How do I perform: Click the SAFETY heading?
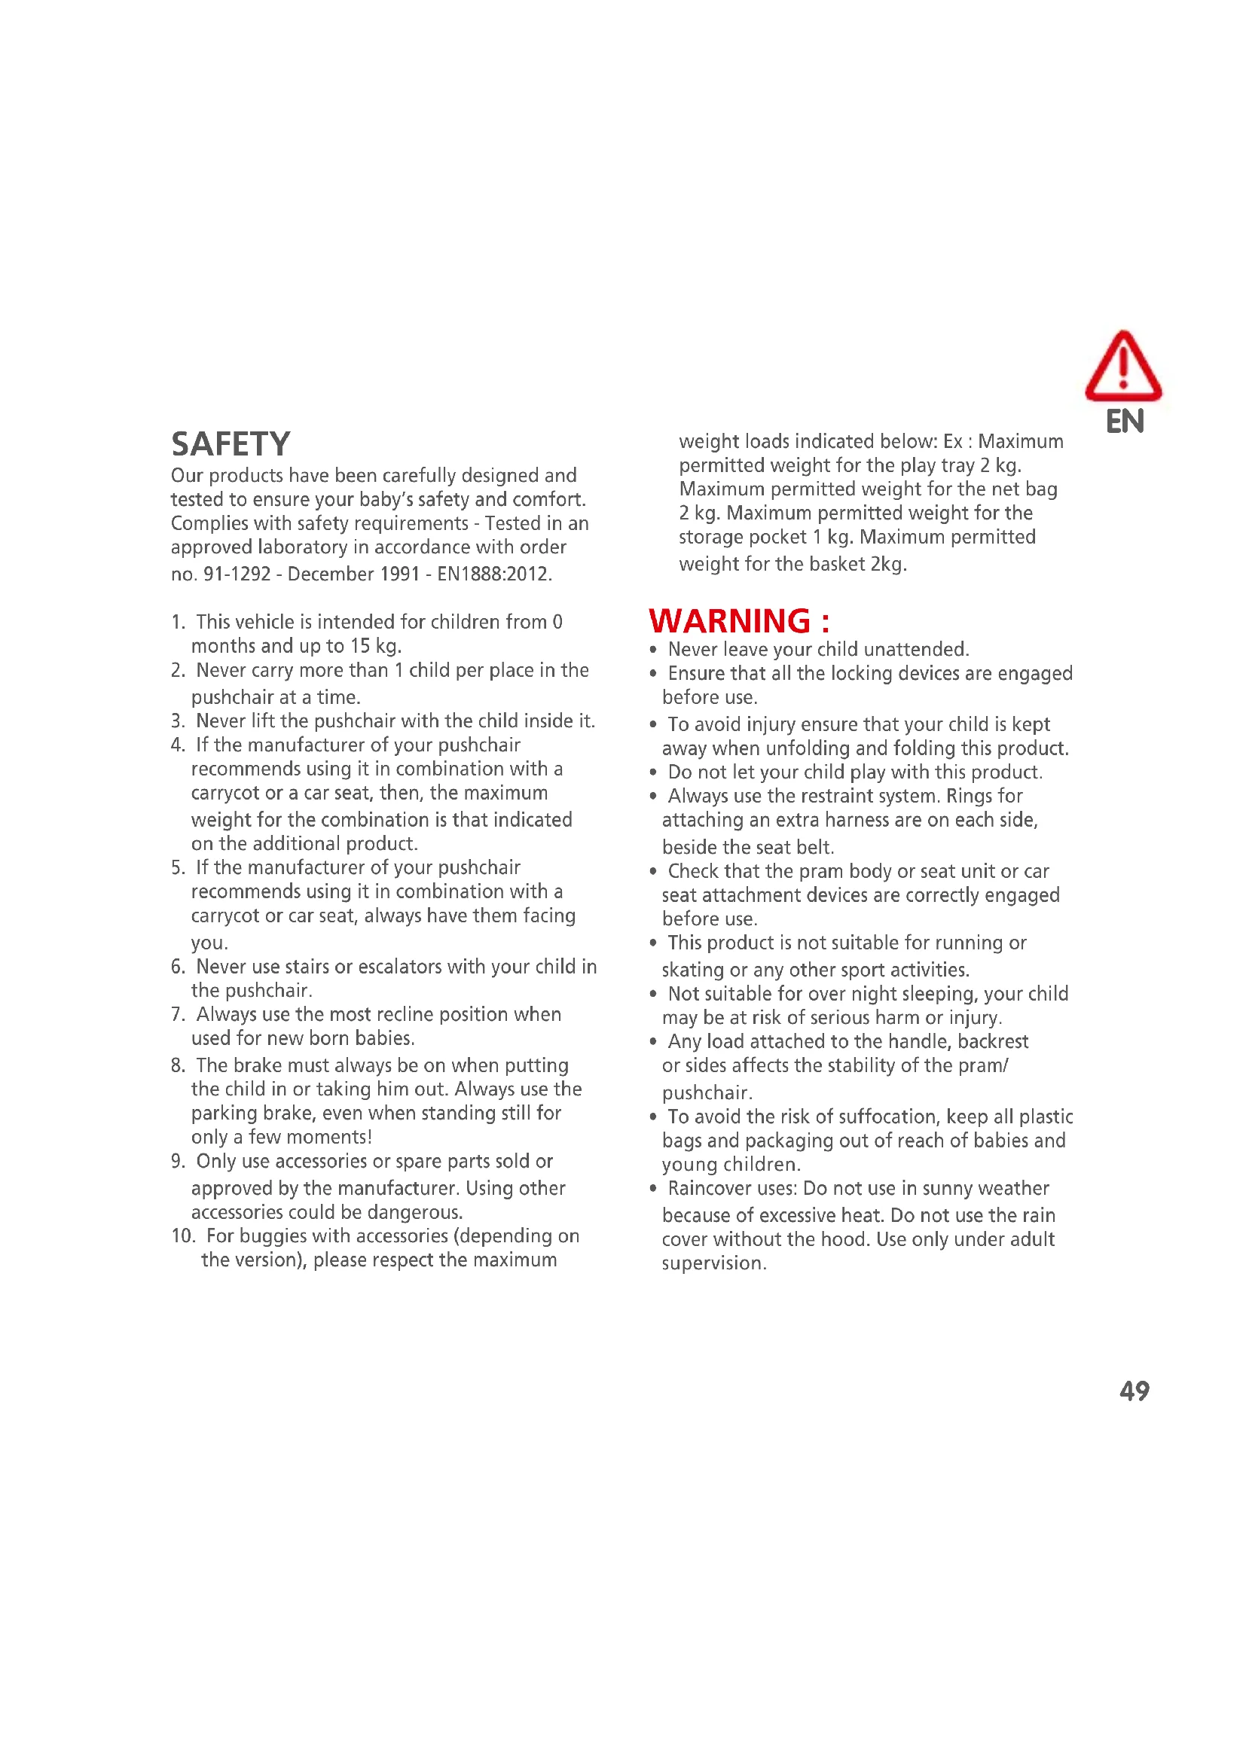click(231, 444)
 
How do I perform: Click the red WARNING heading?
click(738, 621)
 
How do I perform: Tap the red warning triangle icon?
click(1122, 367)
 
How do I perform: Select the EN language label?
click(1124, 422)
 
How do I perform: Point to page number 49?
click(1134, 1391)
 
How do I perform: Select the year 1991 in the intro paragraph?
click(398, 574)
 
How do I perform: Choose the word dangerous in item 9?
click(415, 1212)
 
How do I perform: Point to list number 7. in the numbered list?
click(178, 1014)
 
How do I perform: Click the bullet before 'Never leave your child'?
click(653, 650)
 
